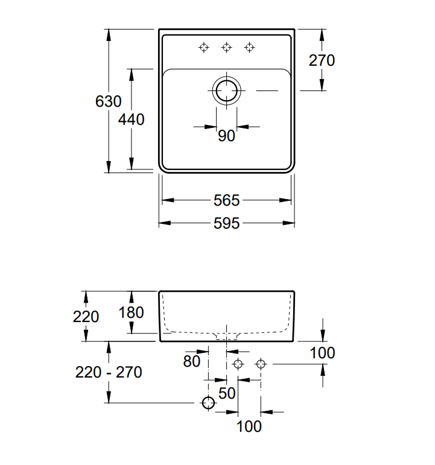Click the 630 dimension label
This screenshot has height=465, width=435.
(109, 101)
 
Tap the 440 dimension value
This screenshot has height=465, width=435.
(131, 119)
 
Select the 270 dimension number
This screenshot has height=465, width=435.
(322, 60)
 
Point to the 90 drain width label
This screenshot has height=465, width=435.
(226, 136)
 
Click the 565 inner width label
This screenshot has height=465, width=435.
(226, 200)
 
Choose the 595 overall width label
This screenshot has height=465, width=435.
(226, 223)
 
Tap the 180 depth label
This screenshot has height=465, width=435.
(131, 312)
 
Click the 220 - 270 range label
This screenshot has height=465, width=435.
(109, 372)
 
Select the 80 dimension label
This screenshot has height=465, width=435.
(192, 361)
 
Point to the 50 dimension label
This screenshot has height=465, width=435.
(227, 393)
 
